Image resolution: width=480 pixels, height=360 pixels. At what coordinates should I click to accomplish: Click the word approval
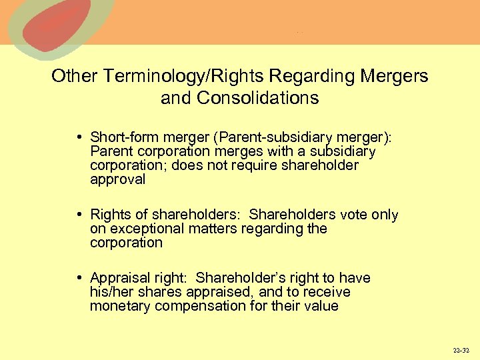(117, 179)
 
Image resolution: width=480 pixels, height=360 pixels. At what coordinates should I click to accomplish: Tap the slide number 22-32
(460, 350)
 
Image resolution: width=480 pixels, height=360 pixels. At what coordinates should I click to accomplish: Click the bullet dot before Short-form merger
(79, 137)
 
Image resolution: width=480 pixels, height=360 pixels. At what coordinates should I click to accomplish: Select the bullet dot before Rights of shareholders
(79, 215)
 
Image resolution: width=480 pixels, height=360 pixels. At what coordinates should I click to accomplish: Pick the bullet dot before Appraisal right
(79, 278)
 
